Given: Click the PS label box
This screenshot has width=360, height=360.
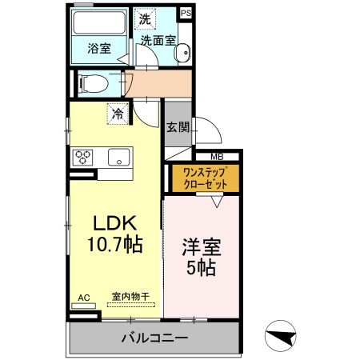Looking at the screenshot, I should pyautogui.click(x=186, y=14).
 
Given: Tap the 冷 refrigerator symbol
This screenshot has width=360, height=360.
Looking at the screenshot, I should pyautogui.click(x=118, y=114).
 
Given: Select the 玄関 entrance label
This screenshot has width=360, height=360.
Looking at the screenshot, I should pyautogui.click(x=178, y=127).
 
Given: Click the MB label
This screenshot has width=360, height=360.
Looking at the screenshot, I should pyautogui.click(x=217, y=157).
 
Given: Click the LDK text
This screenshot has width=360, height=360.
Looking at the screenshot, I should pyautogui.click(x=116, y=223).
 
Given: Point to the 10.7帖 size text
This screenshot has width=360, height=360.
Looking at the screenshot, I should pyautogui.click(x=115, y=244).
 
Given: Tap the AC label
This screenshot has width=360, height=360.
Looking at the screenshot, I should pyautogui.click(x=83, y=298).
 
